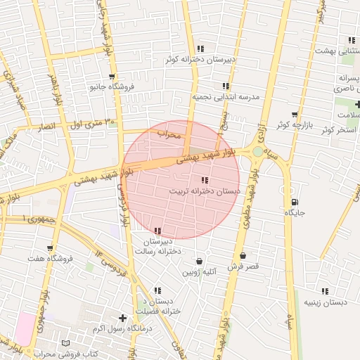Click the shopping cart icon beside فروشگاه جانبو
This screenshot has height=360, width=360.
(112, 76)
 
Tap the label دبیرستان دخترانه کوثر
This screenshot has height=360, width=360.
(200, 60)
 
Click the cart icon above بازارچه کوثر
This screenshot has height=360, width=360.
(294, 114)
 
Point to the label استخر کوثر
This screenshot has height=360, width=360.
(337, 130)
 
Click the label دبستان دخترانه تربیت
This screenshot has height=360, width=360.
(205, 191)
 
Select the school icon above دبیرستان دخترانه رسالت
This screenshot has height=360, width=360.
(157, 231)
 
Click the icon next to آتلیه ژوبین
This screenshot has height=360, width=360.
(200, 261)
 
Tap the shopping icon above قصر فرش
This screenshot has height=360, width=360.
(243, 256)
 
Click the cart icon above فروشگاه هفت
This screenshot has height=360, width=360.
(50, 247)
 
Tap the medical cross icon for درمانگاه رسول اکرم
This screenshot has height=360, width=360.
(124, 318)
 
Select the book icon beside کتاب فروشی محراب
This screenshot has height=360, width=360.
(66, 342)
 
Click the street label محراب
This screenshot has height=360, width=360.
(169, 133)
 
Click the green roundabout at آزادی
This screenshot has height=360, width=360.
(257, 151)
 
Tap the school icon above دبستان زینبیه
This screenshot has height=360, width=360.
(324, 290)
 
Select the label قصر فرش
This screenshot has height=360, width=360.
(247, 266)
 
